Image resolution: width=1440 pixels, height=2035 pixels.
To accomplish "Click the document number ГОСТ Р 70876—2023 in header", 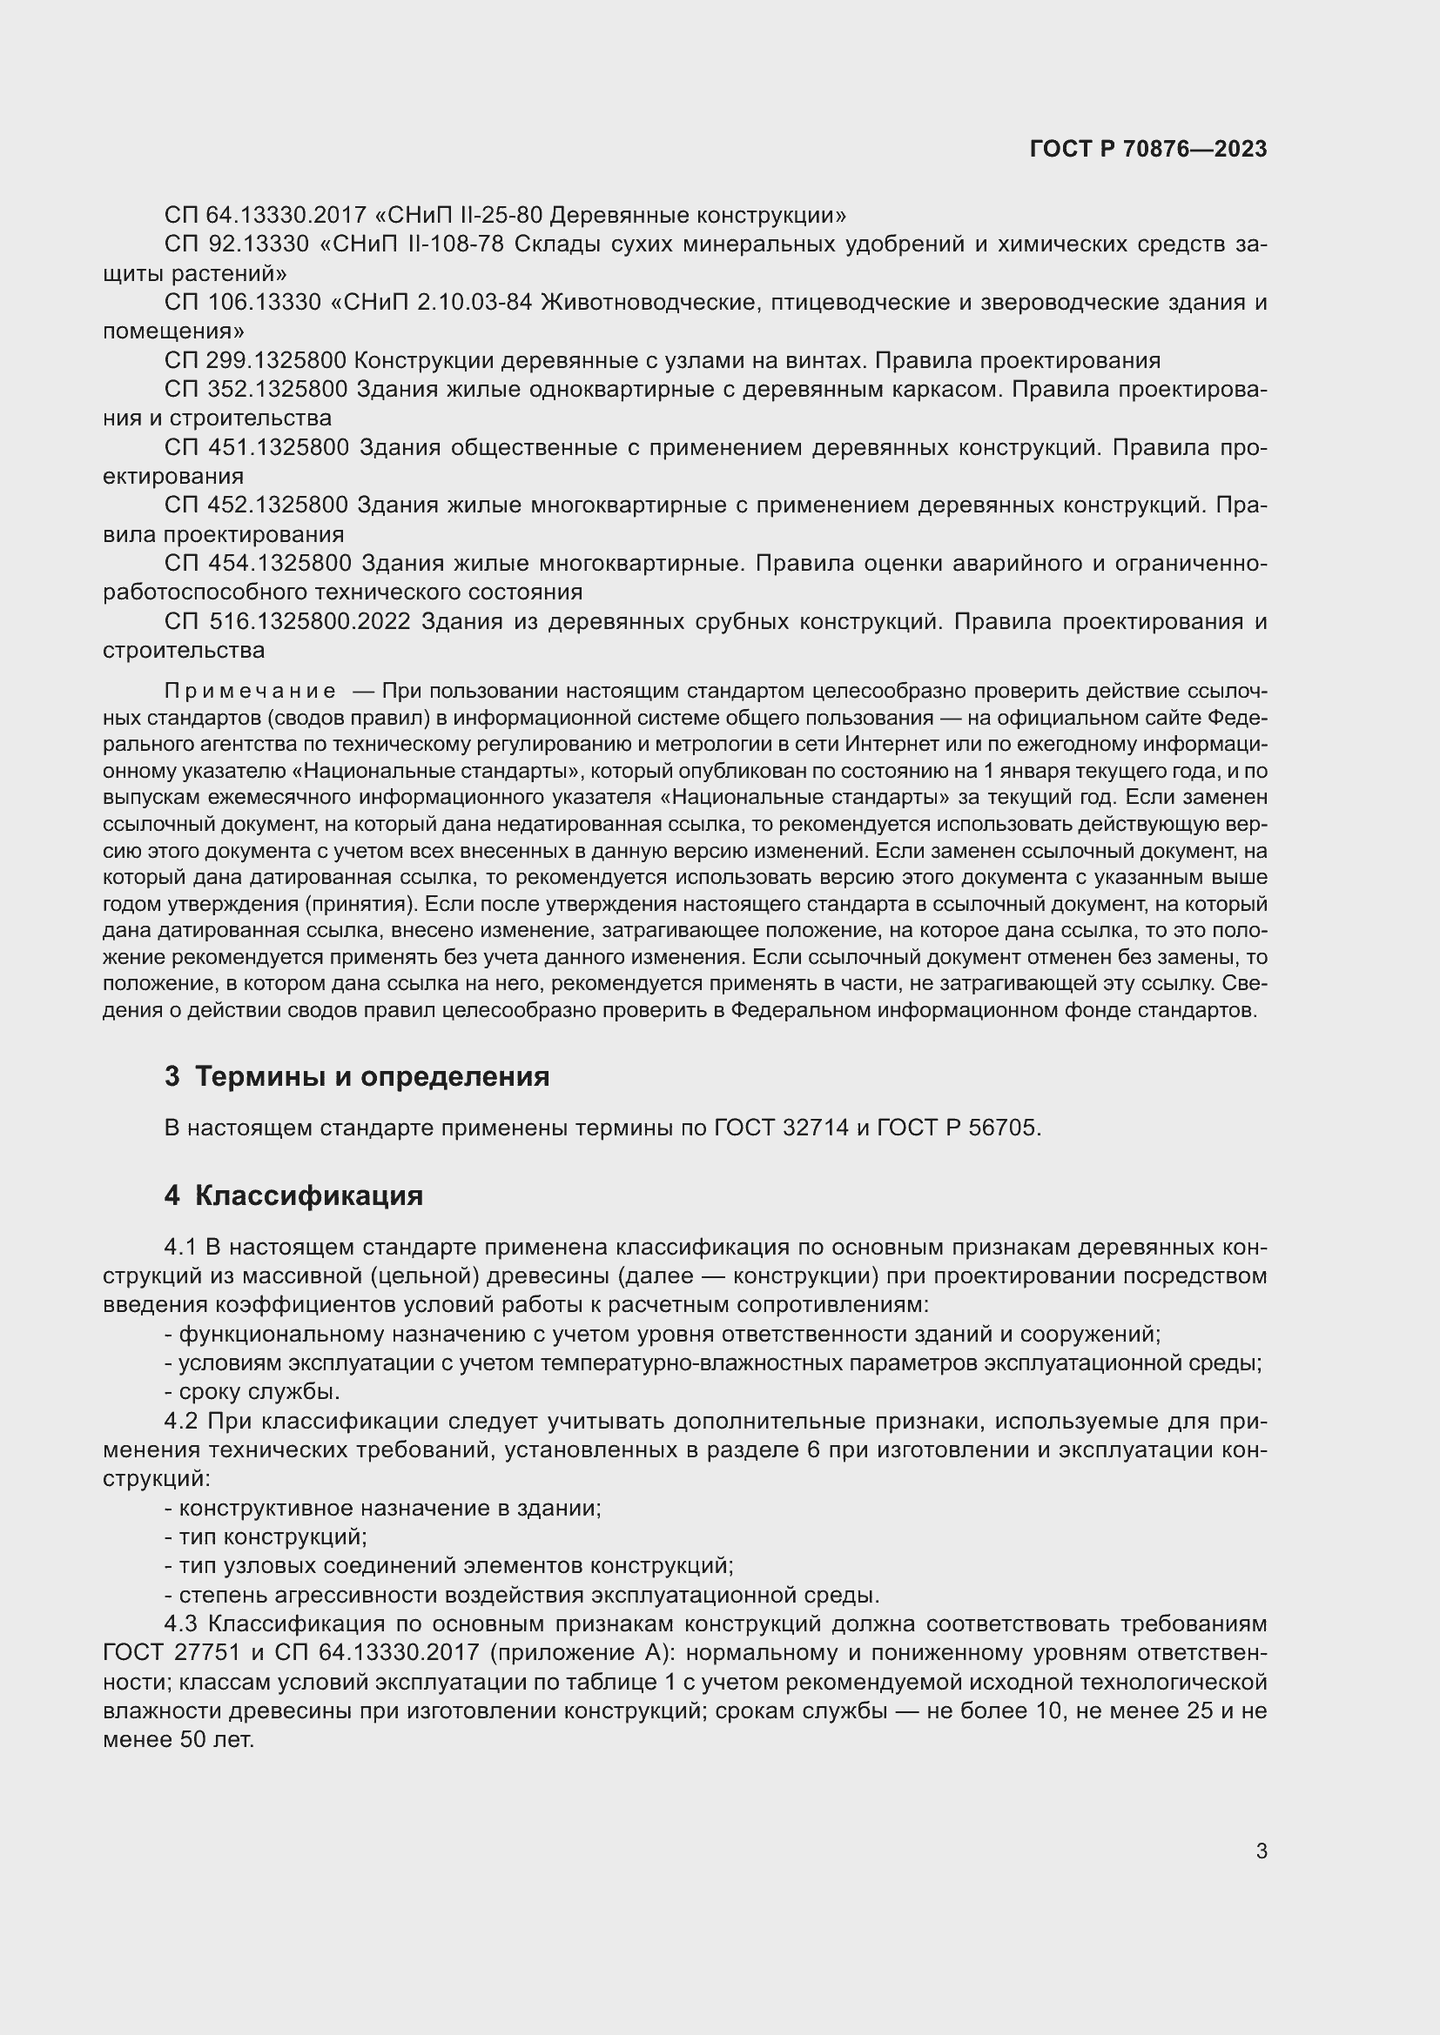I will tap(1148, 149).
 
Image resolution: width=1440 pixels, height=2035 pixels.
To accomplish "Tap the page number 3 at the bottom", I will tap(1261, 1851).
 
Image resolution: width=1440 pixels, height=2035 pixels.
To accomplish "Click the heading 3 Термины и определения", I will tap(356, 1077).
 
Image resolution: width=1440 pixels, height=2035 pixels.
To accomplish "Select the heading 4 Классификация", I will tap(293, 1195).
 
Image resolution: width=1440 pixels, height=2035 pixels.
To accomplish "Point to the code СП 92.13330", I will tap(237, 244).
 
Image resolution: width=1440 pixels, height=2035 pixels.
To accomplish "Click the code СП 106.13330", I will tap(242, 302).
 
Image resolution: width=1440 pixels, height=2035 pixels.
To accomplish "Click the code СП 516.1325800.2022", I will tap(286, 621).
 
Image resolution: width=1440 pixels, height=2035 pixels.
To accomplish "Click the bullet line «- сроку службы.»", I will tap(252, 1391).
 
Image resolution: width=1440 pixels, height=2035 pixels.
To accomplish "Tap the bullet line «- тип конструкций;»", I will tap(266, 1536).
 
